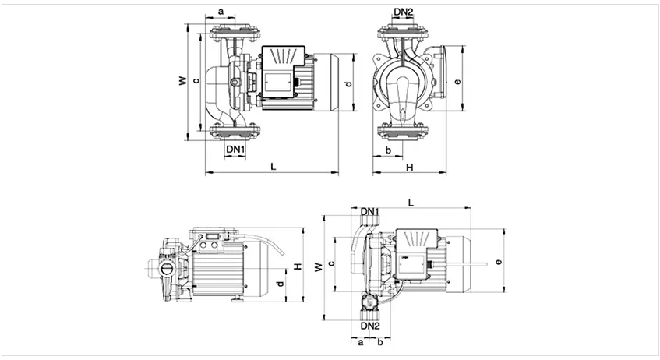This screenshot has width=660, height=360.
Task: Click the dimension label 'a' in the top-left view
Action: (221, 12)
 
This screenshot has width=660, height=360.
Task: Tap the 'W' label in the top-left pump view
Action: (182, 80)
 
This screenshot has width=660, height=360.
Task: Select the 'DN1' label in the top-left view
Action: (235, 148)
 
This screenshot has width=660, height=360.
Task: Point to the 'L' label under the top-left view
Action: (272, 166)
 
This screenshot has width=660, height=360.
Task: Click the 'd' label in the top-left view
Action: (348, 83)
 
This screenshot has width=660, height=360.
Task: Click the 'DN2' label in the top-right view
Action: (404, 12)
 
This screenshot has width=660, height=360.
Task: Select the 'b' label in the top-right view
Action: (387, 148)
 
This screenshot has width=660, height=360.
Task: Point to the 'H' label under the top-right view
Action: (409, 166)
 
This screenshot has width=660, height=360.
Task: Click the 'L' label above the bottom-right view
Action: (411, 203)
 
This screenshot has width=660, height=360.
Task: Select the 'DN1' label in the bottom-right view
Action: (370, 212)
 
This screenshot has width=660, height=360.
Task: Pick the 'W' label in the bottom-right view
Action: (318, 267)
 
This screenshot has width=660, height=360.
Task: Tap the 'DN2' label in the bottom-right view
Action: (370, 326)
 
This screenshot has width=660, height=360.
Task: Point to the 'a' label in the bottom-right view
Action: (361, 341)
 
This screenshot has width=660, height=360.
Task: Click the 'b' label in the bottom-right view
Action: (379, 341)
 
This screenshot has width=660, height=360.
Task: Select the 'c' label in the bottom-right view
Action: (331, 263)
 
